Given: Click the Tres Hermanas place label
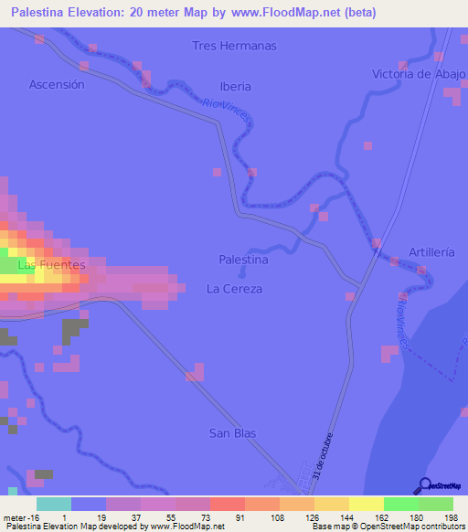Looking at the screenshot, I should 234,46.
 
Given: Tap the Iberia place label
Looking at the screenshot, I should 235,87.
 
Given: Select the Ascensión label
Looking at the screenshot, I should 57,84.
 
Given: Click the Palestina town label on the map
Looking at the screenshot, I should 243,260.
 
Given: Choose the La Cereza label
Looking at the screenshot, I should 234,289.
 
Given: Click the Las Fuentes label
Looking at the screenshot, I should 52,265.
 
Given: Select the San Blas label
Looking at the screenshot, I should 232,433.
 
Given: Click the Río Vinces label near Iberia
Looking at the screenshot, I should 225,111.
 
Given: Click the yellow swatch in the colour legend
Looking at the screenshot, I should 367,504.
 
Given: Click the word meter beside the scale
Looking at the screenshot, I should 14,517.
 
